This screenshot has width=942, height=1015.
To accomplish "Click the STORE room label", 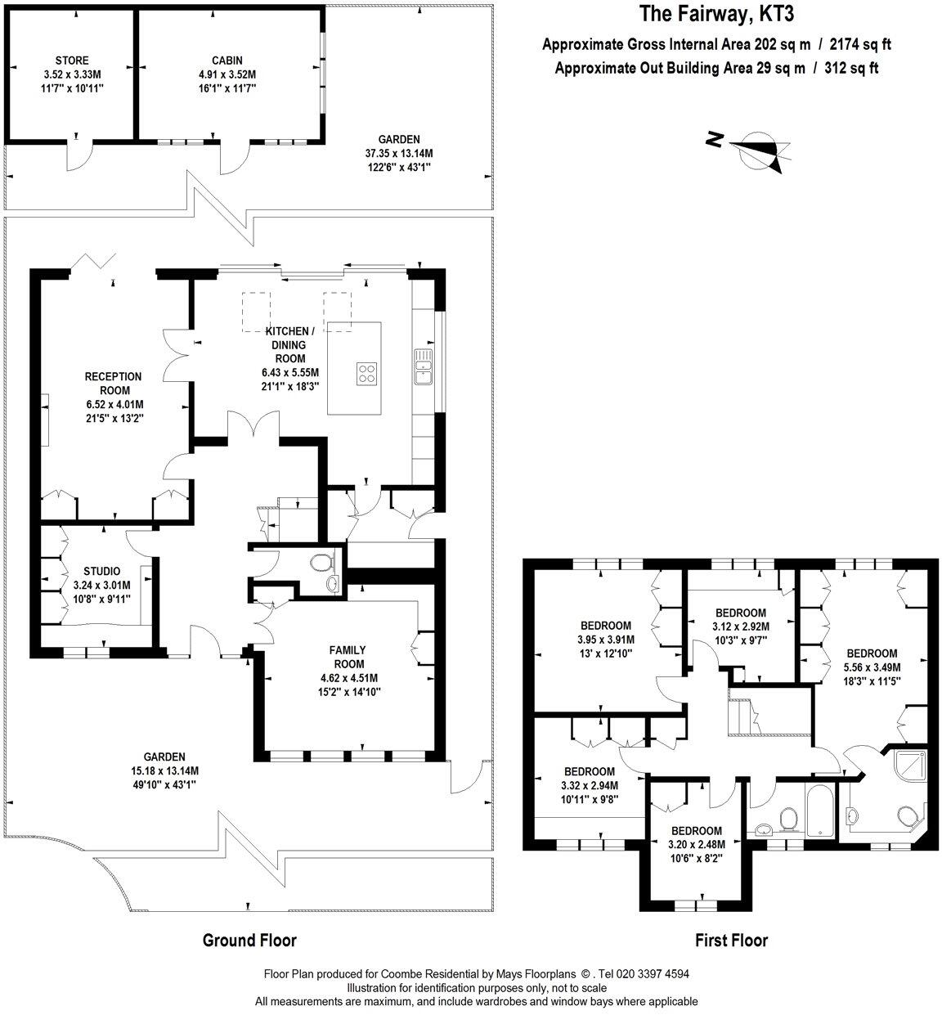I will click(72, 61).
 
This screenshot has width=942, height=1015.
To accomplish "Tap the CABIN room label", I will click(227, 61).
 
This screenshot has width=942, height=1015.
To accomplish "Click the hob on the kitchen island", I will click(367, 374).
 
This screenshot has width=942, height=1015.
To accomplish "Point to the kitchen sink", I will click(424, 366).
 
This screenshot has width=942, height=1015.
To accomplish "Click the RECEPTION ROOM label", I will click(113, 383).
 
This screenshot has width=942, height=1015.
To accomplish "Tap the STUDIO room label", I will click(102, 571).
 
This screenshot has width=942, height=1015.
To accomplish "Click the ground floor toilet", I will click(322, 562).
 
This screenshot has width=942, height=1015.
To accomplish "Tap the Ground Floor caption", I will click(249, 941).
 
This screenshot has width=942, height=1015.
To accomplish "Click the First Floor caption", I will click(731, 941).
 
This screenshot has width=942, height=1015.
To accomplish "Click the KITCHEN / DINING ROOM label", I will click(289, 344).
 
